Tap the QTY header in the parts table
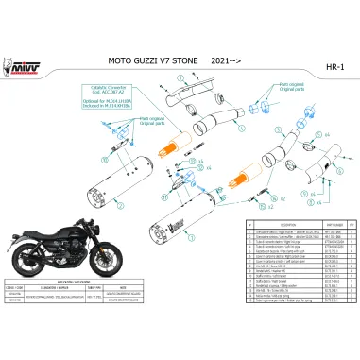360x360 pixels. (x=349, y=250)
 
